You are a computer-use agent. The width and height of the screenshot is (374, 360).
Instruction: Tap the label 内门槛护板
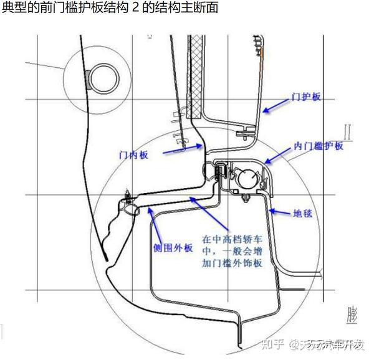[x=319, y=146]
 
